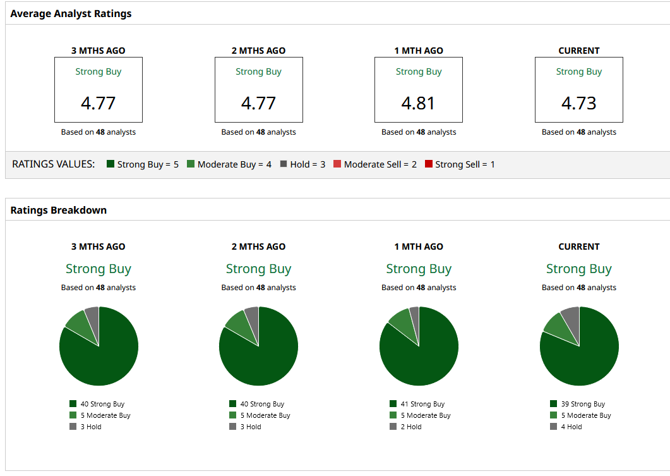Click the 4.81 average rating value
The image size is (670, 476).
pyautogui.click(x=418, y=103)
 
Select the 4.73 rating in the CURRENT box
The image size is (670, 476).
pyautogui.click(x=578, y=103)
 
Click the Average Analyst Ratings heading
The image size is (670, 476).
pyautogui.click(x=71, y=13)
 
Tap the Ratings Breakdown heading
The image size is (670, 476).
pyautogui.click(x=59, y=210)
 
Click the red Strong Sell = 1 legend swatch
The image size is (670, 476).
pyautogui.click(x=429, y=164)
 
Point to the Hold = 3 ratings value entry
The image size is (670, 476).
pyautogui.click(x=303, y=164)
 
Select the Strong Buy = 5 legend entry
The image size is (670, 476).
pyautogui.click(x=143, y=164)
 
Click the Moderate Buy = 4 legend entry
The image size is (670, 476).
pyautogui.click(x=229, y=164)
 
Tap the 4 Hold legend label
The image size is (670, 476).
pyautogui.click(x=571, y=427)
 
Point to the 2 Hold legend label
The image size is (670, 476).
pyautogui.click(x=410, y=427)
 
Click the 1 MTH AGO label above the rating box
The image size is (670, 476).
pyautogui.click(x=418, y=51)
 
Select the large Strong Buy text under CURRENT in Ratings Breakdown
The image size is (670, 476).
pyautogui.click(x=578, y=269)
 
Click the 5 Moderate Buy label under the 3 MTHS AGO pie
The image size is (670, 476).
pyautogui.click(x=105, y=415)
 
